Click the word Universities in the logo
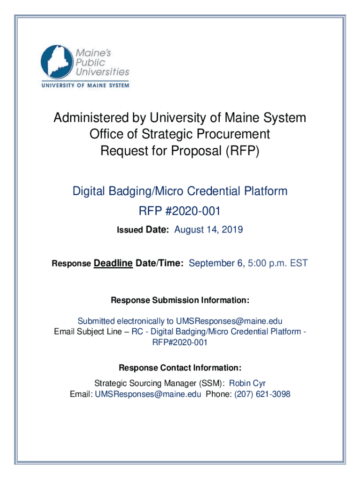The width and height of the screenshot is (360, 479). pyautogui.click(x=101, y=72)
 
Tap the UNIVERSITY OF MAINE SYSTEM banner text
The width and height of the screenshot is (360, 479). pyautogui.click(x=85, y=86)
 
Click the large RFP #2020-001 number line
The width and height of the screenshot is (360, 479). pyautogui.click(x=180, y=211)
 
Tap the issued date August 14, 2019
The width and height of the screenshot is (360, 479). pyautogui.click(x=209, y=230)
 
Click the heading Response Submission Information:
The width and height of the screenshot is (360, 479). pyautogui.click(x=180, y=299)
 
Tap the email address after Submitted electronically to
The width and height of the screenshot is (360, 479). pyautogui.click(x=229, y=321)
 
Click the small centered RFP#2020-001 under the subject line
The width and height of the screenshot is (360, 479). pyautogui.click(x=180, y=342)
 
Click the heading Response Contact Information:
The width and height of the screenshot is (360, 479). pyautogui.click(x=180, y=367)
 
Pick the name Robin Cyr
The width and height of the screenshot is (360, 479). pyautogui.click(x=247, y=384)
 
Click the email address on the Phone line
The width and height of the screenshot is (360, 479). pyautogui.click(x=148, y=394)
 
